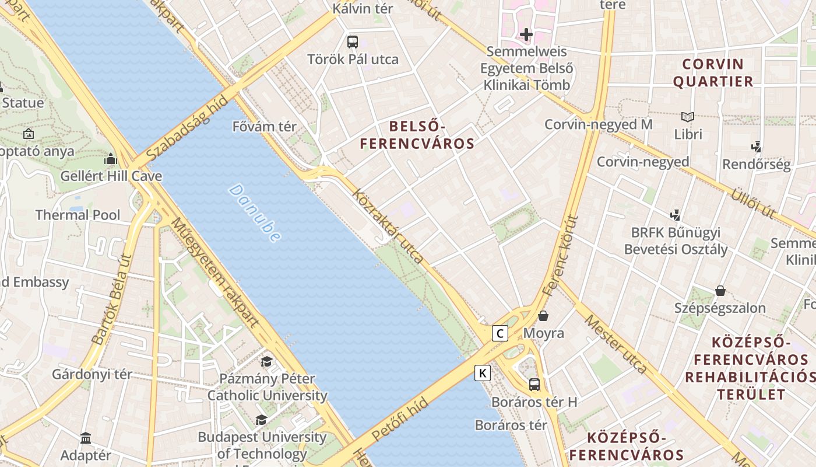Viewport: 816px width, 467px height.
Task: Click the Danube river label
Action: [x=255, y=213]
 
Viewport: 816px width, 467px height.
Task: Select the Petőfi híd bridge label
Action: [x=400, y=419]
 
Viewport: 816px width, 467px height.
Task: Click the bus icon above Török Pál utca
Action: [x=353, y=42]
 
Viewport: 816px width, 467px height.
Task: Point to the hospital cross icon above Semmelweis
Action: [x=526, y=34]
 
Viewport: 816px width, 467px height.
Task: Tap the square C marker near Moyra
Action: [x=500, y=333]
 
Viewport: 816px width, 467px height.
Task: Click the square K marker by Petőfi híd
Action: [x=483, y=372]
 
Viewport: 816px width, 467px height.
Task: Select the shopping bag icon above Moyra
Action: [x=543, y=316]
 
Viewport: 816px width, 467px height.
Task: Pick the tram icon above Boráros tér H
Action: [x=534, y=385]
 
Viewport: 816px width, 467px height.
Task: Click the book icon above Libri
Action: [x=688, y=117]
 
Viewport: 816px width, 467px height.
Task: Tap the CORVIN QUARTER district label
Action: [x=713, y=72]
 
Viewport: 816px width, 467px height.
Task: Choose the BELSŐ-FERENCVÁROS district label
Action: [x=417, y=135]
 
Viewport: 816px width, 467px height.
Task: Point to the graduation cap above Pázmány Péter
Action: [x=267, y=361]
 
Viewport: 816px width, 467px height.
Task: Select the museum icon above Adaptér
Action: [x=86, y=438]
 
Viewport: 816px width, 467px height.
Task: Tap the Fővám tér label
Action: [x=265, y=127]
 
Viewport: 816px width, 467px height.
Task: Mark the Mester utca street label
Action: [x=615, y=344]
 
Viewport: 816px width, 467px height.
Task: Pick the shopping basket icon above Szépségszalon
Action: [x=720, y=291]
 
